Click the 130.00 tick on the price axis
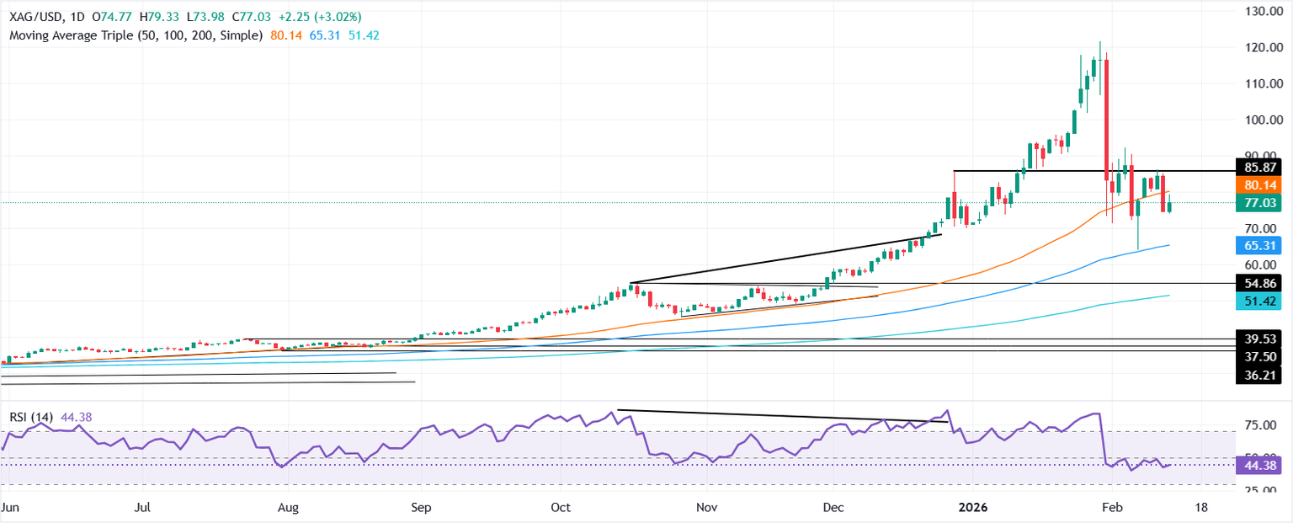point(1262,11)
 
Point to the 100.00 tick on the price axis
point(1262,120)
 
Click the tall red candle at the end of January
point(1106,119)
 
